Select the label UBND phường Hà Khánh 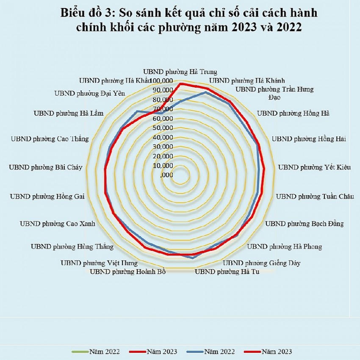click(x=247, y=80)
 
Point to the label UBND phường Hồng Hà click(x=293, y=113)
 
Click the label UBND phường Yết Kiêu click(x=314, y=167)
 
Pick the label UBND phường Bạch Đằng click(x=304, y=223)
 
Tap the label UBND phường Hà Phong click(x=284, y=246)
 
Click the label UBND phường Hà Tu click(x=227, y=271)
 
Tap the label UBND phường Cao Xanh click(x=58, y=223)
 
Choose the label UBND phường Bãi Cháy click(x=46, y=167)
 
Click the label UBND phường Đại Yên click(x=90, y=94)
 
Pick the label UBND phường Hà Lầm click(x=68, y=113)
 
